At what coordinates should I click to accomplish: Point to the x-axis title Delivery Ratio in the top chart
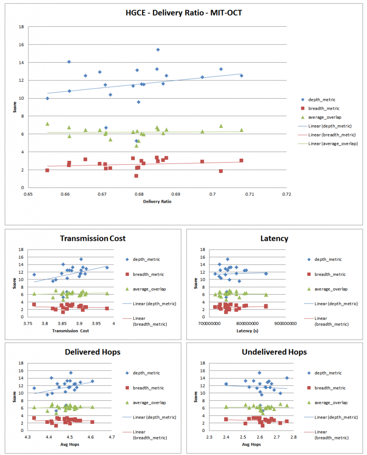(x=157, y=202)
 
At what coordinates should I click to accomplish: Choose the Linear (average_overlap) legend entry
(x=333, y=144)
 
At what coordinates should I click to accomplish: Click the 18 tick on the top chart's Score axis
(x=21, y=27)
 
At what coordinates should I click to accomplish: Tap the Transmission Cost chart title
(x=93, y=239)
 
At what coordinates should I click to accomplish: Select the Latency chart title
(x=274, y=239)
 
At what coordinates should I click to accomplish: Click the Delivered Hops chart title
(x=93, y=352)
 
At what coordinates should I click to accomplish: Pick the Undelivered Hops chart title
(x=274, y=352)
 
